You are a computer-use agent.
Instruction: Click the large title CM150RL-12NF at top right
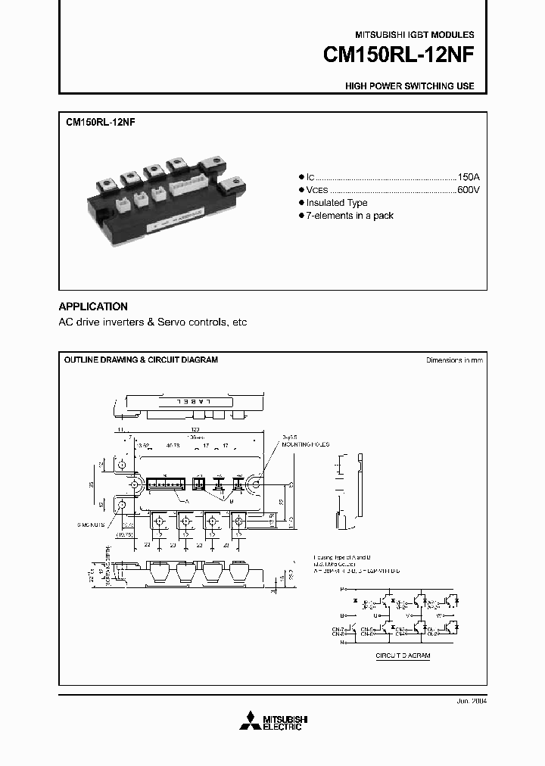point(398,56)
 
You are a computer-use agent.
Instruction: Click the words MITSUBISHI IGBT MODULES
point(414,35)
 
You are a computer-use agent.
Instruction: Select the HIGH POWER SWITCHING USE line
point(410,86)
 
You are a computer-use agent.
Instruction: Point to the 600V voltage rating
point(468,189)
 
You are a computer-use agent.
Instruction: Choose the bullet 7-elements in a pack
point(350,216)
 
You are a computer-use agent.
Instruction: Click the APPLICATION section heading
point(93,307)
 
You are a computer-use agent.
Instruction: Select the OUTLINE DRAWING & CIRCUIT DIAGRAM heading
point(141,360)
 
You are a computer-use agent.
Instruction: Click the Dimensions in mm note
point(454,360)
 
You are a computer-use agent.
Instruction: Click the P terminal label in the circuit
point(342,587)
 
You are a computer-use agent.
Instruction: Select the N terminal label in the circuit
point(342,642)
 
